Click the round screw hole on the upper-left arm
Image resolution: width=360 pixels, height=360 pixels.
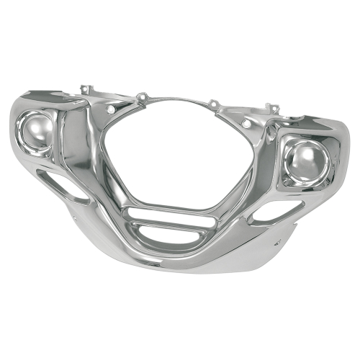[110, 109]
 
